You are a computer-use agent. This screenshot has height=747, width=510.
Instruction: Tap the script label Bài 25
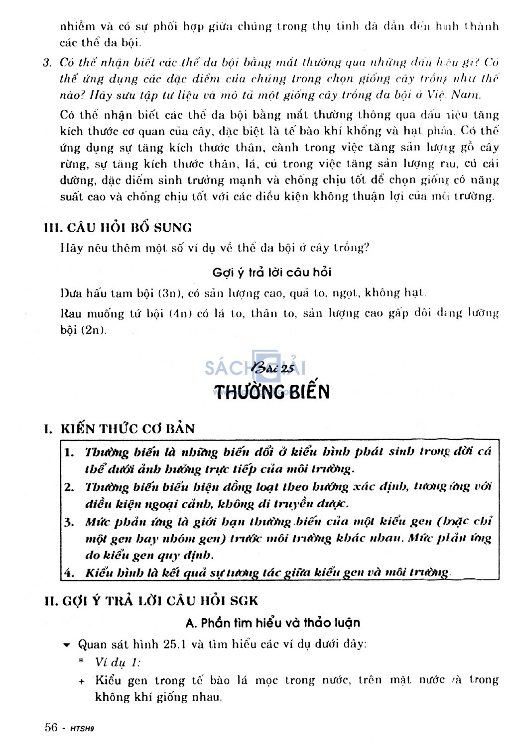pos(272,368)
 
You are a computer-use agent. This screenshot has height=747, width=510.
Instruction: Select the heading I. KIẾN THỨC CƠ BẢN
pos(120,429)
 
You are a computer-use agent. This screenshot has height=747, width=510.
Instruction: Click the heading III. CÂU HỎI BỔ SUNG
pos(118,228)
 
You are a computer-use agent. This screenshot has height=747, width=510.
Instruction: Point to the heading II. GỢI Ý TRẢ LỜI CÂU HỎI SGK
pos(151,601)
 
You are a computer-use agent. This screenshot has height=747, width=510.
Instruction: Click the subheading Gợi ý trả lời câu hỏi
pos(272,273)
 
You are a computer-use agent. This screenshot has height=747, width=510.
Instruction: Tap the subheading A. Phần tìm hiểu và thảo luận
pos(272,623)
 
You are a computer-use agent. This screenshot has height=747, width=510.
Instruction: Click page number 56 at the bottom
pos(51,728)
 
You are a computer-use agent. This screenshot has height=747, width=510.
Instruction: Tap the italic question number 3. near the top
pos(48,63)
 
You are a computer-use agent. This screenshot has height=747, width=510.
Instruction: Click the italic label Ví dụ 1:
pos(118,662)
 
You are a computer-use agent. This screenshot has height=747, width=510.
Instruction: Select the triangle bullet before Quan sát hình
pos(67,646)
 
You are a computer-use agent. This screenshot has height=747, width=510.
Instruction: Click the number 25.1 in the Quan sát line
pos(174,645)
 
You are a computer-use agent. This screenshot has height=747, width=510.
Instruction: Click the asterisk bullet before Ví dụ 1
pos(81,662)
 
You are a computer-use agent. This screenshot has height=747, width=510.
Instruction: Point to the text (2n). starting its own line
pos(83,330)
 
